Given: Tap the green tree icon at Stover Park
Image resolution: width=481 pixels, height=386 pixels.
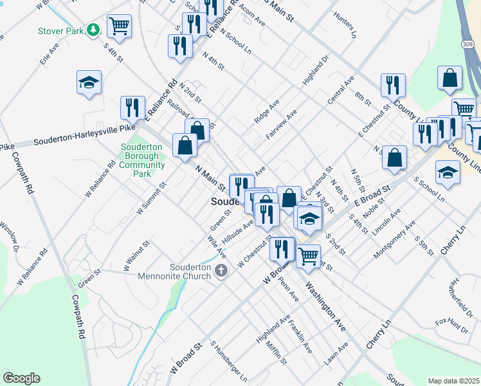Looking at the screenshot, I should pyautogui.click(x=94, y=30).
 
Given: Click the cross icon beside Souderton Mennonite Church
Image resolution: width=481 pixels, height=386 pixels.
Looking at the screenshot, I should pyautogui.click(x=221, y=270).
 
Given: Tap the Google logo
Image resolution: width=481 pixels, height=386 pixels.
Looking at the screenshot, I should pyautogui.click(x=21, y=378).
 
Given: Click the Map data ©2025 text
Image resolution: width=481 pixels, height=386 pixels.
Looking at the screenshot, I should pyautogui.click(x=453, y=381).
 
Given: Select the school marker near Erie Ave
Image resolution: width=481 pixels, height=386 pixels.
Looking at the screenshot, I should pyautogui.click(x=89, y=82).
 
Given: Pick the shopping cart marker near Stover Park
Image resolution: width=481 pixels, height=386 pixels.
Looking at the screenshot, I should pyautogui.click(x=120, y=26).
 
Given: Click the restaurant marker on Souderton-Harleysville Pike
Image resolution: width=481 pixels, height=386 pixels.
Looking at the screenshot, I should pyautogui.click(x=133, y=108).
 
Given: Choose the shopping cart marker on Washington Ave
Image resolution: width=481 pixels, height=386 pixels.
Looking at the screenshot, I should pyautogui.click(x=309, y=255).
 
